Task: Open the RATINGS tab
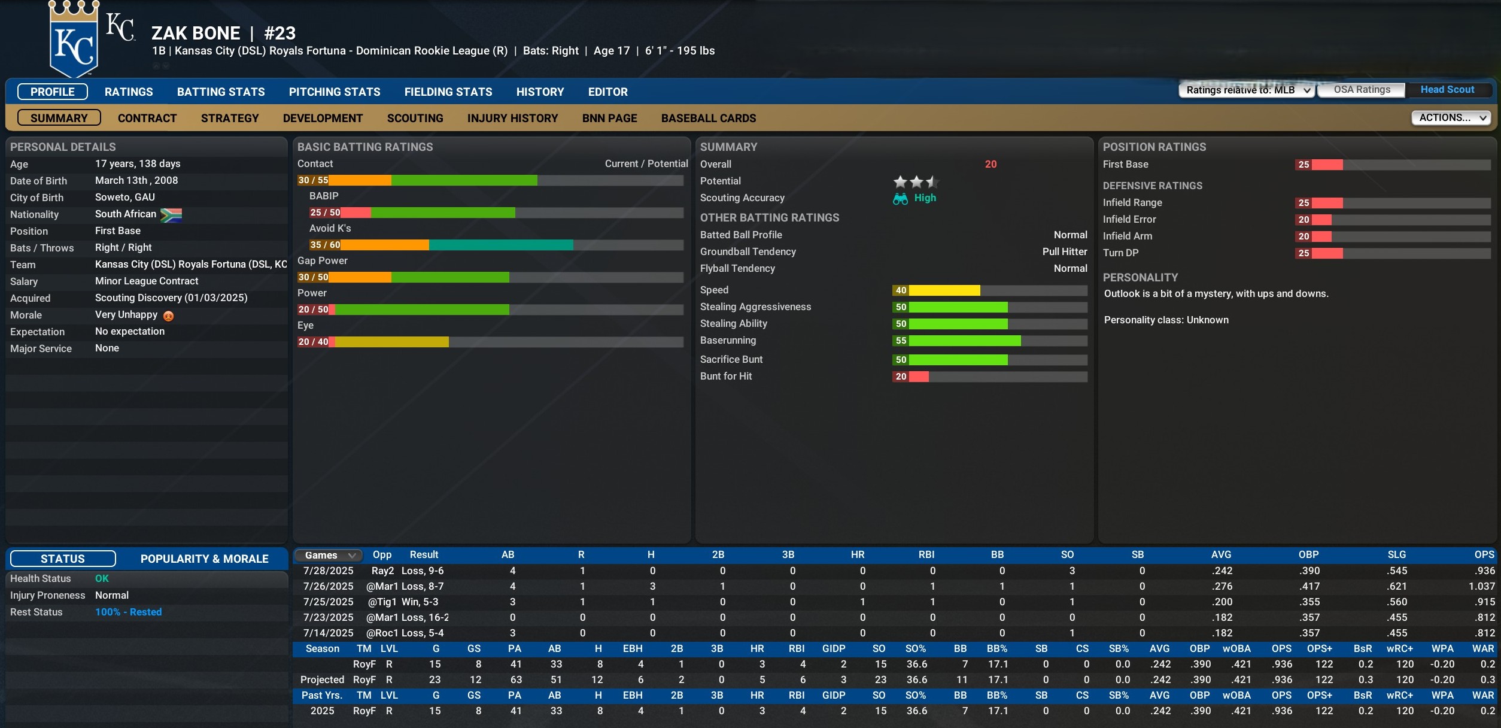[x=129, y=92]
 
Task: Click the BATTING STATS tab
[x=221, y=92]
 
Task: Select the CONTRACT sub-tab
[x=147, y=118]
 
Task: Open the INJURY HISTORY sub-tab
[x=512, y=118]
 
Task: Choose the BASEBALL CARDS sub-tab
[x=709, y=118]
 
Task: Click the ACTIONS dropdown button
[x=1451, y=117]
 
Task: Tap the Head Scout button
[x=1447, y=90]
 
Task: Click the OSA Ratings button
[x=1362, y=90]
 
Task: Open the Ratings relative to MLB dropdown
[x=1247, y=90]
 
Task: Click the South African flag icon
[x=171, y=215]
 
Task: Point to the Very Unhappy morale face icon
[x=169, y=316]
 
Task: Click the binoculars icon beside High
[x=900, y=199]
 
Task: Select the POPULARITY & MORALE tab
[x=204, y=559]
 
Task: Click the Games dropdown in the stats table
[x=329, y=556]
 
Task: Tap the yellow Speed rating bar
[x=944, y=290]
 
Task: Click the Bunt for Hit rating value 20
[x=901, y=377]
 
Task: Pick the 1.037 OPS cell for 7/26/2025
[x=1481, y=586]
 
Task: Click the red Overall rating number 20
[x=990, y=164]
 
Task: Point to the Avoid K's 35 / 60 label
[x=325, y=245]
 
